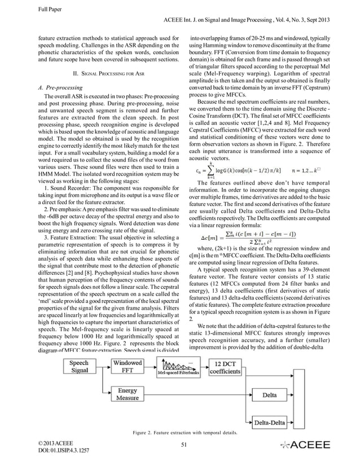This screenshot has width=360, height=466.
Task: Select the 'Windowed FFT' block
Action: pyautogui.click(x=128, y=368)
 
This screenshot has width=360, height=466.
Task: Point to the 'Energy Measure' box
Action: pyautogui.click(x=128, y=394)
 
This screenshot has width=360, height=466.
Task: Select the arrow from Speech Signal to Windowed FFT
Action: pyautogui.click(x=102, y=368)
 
